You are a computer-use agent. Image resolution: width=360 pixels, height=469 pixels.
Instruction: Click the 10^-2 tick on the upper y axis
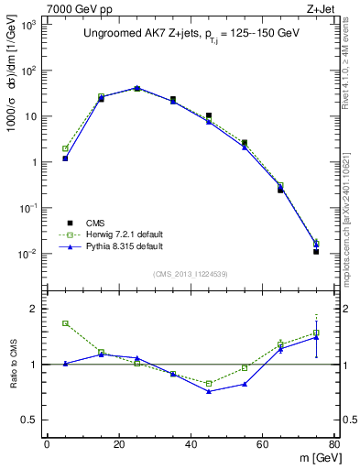pos(29,254)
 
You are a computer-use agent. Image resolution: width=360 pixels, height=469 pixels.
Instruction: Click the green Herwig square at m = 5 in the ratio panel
pos(65,323)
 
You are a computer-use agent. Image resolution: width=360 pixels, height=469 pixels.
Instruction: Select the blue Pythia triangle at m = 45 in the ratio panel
pos(209,391)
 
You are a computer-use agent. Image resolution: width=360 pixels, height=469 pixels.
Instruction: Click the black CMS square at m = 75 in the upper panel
pos(316,251)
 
